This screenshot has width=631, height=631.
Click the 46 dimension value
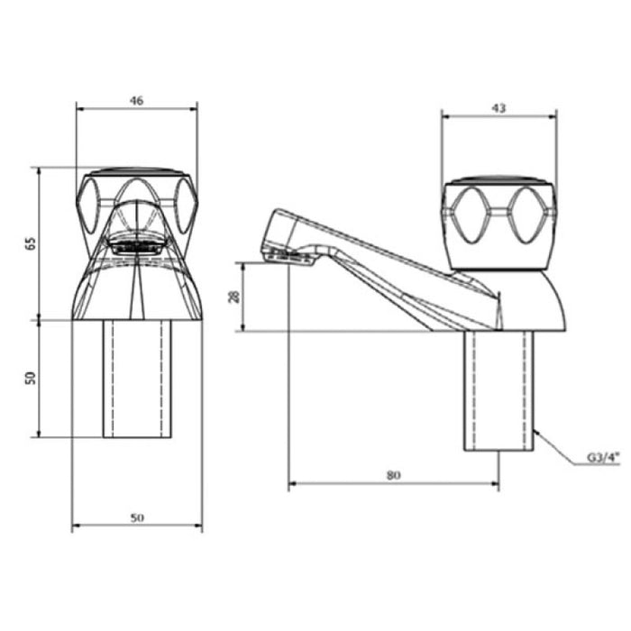136,101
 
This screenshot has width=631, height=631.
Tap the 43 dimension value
498,108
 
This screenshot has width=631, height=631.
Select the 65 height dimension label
31,244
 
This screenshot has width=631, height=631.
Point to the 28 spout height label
234,297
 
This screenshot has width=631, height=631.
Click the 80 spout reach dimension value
394,475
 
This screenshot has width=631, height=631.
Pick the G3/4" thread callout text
604,458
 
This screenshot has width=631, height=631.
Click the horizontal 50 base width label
137,517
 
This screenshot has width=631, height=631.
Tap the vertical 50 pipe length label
31,378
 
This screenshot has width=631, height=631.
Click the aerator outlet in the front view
137,244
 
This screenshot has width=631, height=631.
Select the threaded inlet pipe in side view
499,390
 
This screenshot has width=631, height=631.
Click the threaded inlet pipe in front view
137,379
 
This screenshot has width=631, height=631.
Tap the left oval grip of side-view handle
470,215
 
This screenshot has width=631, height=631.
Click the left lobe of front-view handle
87,206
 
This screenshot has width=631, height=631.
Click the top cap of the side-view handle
499,179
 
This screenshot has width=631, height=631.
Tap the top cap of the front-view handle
137,171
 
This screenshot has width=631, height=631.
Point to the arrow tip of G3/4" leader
535,431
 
